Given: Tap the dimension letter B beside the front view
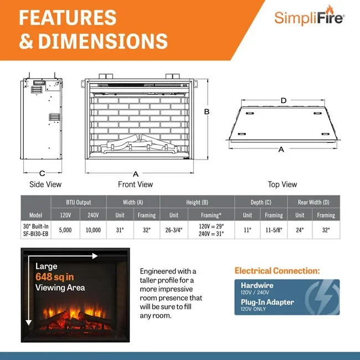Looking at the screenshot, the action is click(x=207, y=111).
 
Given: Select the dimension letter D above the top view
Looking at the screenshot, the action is click(x=284, y=101).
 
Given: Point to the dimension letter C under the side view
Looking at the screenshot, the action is click(x=42, y=173).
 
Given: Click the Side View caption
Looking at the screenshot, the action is click(x=45, y=184).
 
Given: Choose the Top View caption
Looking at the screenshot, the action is click(x=282, y=184).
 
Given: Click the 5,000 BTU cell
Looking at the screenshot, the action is click(x=65, y=230).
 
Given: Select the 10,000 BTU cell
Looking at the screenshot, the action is click(x=93, y=230).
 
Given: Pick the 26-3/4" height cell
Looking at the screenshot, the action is click(x=174, y=230).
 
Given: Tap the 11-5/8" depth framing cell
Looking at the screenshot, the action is click(x=274, y=230).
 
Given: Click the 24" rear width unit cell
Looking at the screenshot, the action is click(x=300, y=230).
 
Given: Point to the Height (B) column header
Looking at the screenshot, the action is click(x=197, y=202).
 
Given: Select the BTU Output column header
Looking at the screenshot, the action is click(x=79, y=202).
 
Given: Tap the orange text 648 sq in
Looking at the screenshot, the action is click(x=55, y=277).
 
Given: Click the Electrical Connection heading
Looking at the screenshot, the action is click(x=277, y=271).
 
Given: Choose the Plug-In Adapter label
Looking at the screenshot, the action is click(x=268, y=302).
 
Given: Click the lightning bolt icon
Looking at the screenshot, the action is click(x=323, y=297).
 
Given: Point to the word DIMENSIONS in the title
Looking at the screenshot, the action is click(x=103, y=41).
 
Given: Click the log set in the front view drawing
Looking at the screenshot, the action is click(x=140, y=144).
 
